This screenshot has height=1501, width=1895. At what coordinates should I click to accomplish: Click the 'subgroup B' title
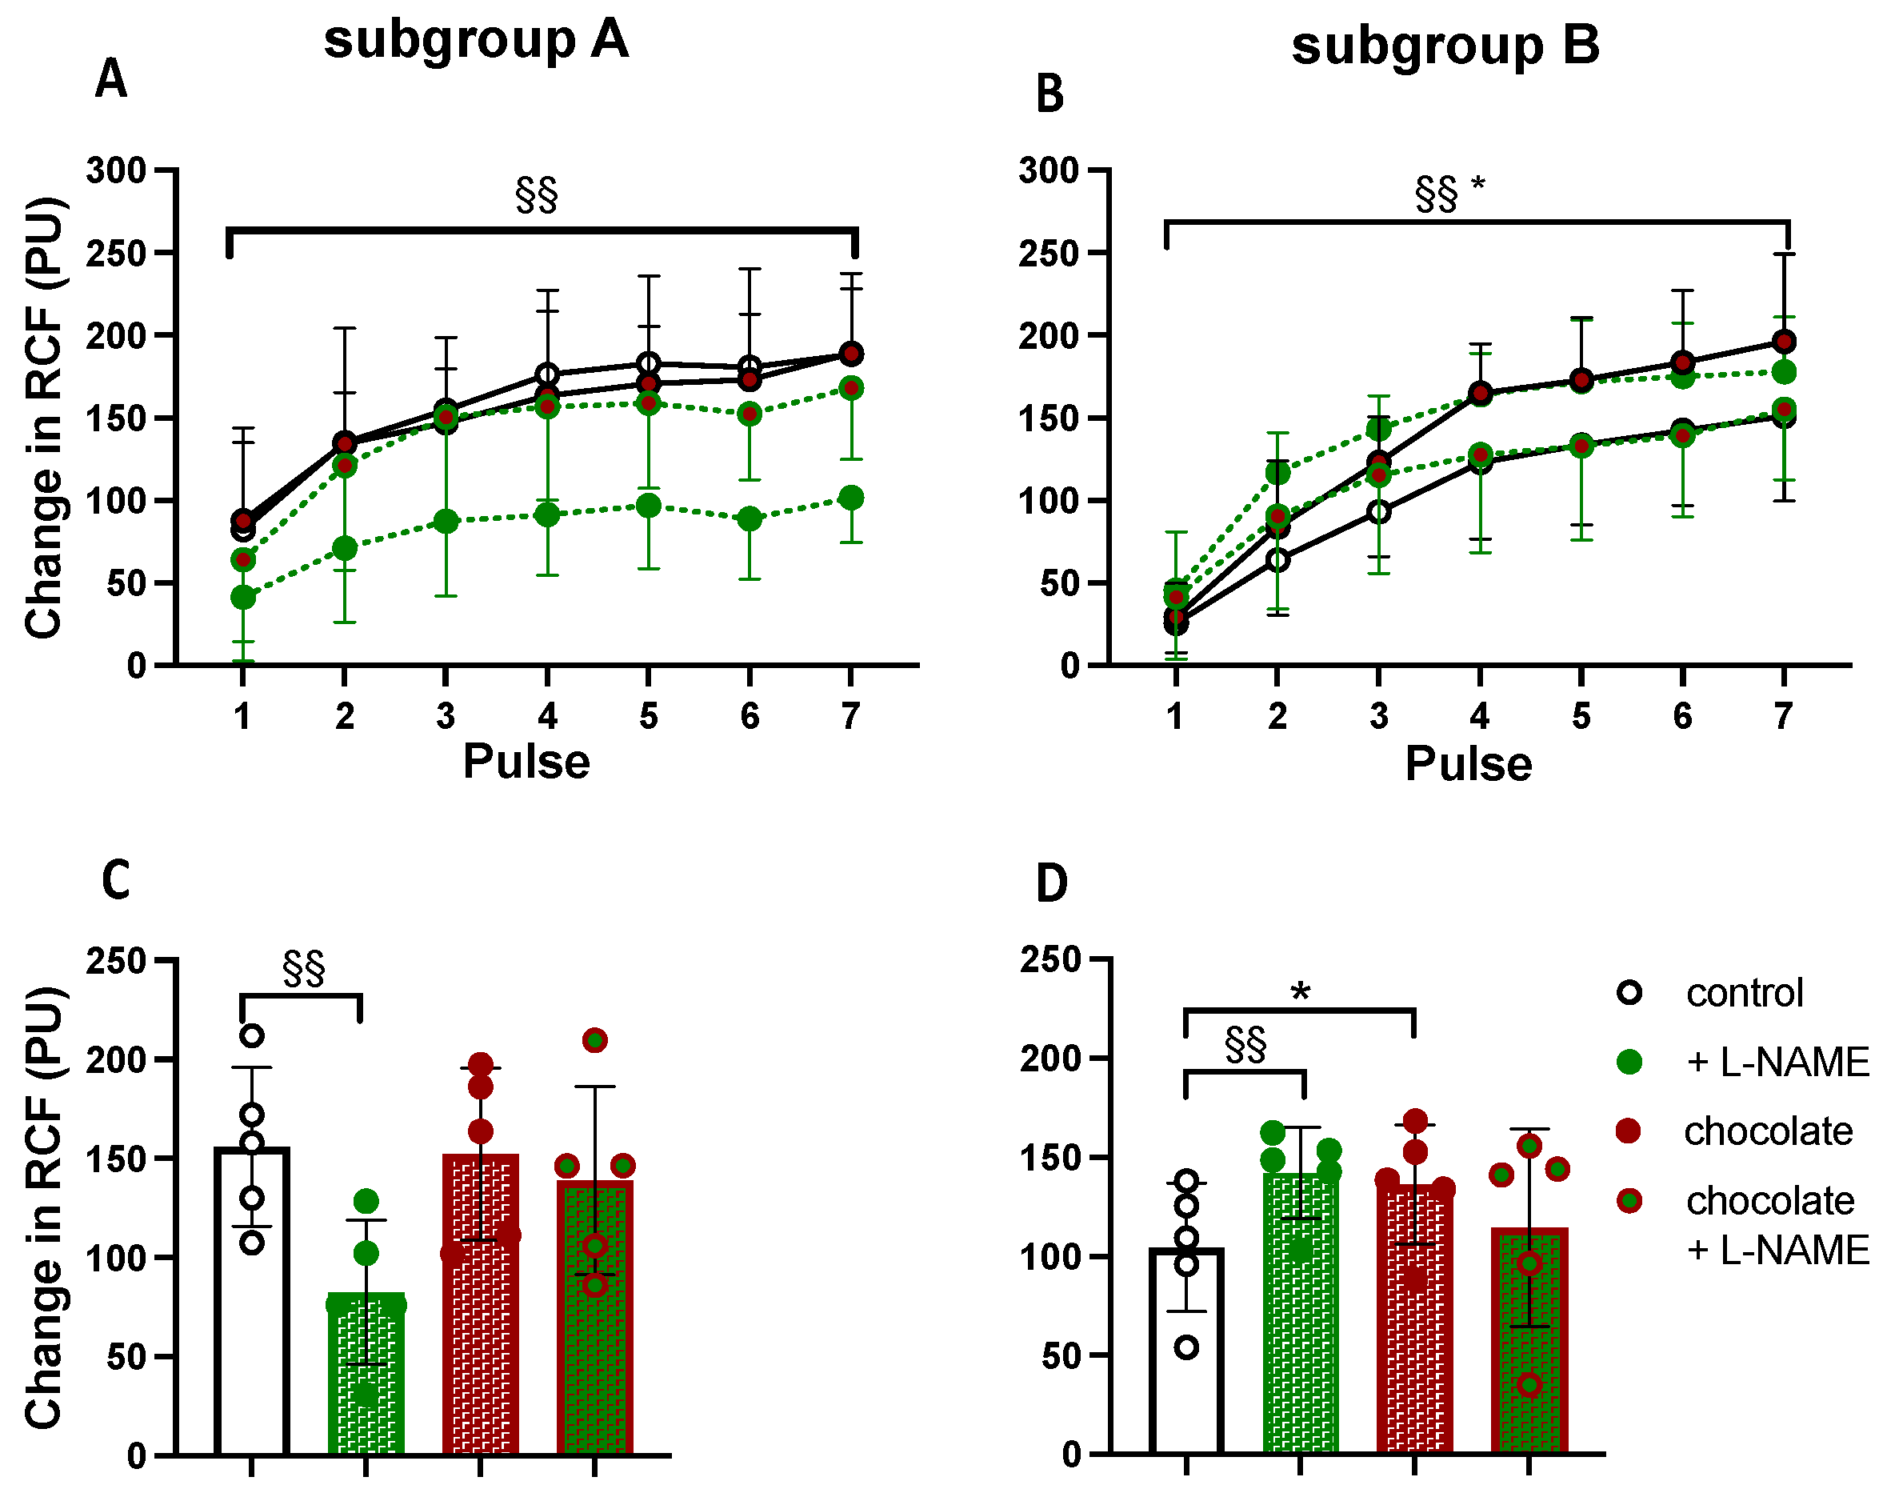coord(1445,46)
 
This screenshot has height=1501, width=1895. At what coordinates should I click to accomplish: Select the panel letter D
coord(1051,883)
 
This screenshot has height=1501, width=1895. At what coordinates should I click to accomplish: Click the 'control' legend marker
coord(1629,993)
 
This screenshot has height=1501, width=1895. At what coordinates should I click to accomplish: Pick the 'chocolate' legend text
coord(1768,1132)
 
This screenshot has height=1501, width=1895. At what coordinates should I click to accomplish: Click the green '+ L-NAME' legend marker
coord(1629,1062)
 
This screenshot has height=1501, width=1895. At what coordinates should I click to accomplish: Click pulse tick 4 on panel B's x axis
coord(1480,716)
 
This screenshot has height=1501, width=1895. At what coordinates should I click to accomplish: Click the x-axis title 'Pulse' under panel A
coord(526,761)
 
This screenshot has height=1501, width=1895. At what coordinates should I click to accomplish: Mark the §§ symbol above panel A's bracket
coord(536,195)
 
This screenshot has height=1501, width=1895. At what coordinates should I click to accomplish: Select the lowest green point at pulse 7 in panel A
coord(850,498)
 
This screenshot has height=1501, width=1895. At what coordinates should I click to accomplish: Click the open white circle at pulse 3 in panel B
coord(1378,511)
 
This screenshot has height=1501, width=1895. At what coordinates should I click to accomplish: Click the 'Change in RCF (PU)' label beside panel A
coord(44,418)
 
